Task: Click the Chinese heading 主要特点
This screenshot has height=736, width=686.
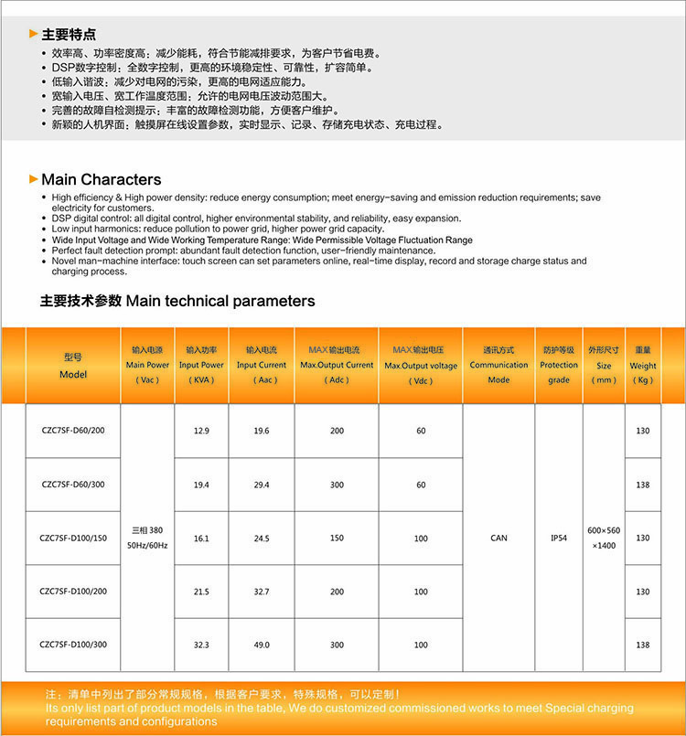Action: point(69,34)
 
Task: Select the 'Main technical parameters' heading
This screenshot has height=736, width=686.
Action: point(177,301)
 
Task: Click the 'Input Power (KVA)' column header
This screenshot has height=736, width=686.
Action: point(200,364)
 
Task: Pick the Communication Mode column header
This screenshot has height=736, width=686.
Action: point(498,364)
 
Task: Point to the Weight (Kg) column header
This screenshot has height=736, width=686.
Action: point(642,365)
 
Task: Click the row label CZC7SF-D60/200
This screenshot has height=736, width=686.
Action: point(72,430)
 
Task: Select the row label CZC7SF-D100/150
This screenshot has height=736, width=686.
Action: point(72,538)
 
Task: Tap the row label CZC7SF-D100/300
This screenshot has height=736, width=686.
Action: point(72,645)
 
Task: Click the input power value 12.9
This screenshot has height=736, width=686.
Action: point(201,431)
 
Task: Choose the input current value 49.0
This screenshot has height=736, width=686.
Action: point(262,645)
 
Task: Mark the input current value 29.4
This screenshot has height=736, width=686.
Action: point(262,485)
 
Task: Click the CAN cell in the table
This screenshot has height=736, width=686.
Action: point(498,538)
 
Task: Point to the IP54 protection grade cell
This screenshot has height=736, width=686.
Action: point(558,538)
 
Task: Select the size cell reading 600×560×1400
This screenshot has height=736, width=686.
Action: point(604,538)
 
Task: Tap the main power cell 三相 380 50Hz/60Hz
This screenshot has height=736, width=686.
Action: point(146,538)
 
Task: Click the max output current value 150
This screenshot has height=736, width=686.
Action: point(337,538)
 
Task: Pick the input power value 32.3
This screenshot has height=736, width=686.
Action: point(201,645)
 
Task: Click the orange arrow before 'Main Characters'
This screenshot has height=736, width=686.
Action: point(34,179)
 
